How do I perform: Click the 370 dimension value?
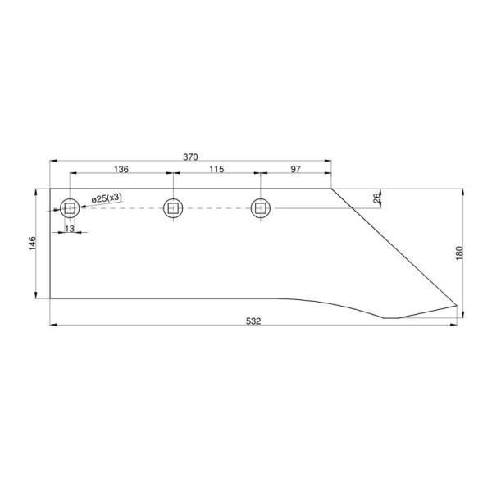190,157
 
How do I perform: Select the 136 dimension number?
121,170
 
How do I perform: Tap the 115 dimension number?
216,170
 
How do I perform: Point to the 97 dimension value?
295,170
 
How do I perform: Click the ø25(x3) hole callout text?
107,198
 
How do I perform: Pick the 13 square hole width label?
70,229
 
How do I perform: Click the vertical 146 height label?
32,244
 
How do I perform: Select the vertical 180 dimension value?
459,253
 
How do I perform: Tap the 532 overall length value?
253,321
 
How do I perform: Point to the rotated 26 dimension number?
377,198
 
